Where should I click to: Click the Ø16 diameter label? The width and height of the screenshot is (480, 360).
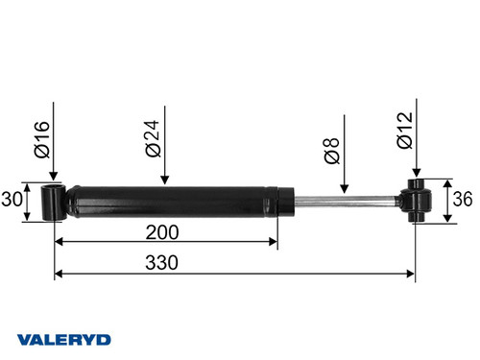coord(41,139)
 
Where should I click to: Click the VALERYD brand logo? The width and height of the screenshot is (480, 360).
coord(64,338)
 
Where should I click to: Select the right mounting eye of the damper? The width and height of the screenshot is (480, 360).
coord(419,202)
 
